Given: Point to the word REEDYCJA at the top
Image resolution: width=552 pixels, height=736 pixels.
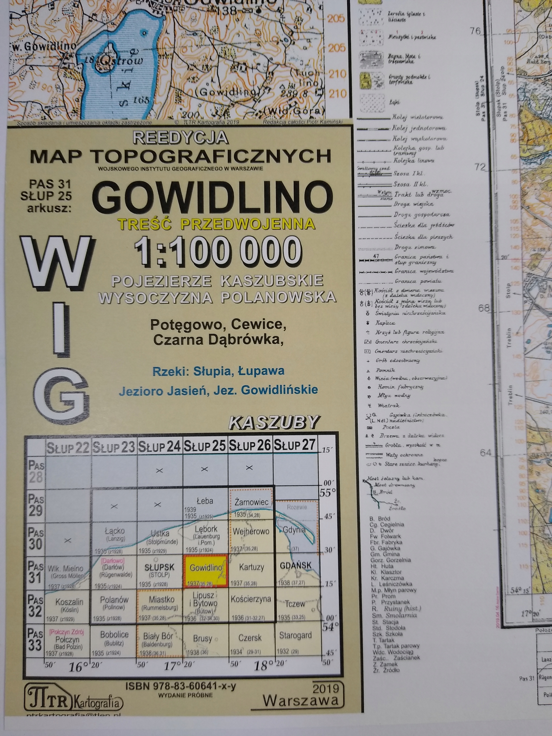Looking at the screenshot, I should pyautogui.click(x=181, y=138).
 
